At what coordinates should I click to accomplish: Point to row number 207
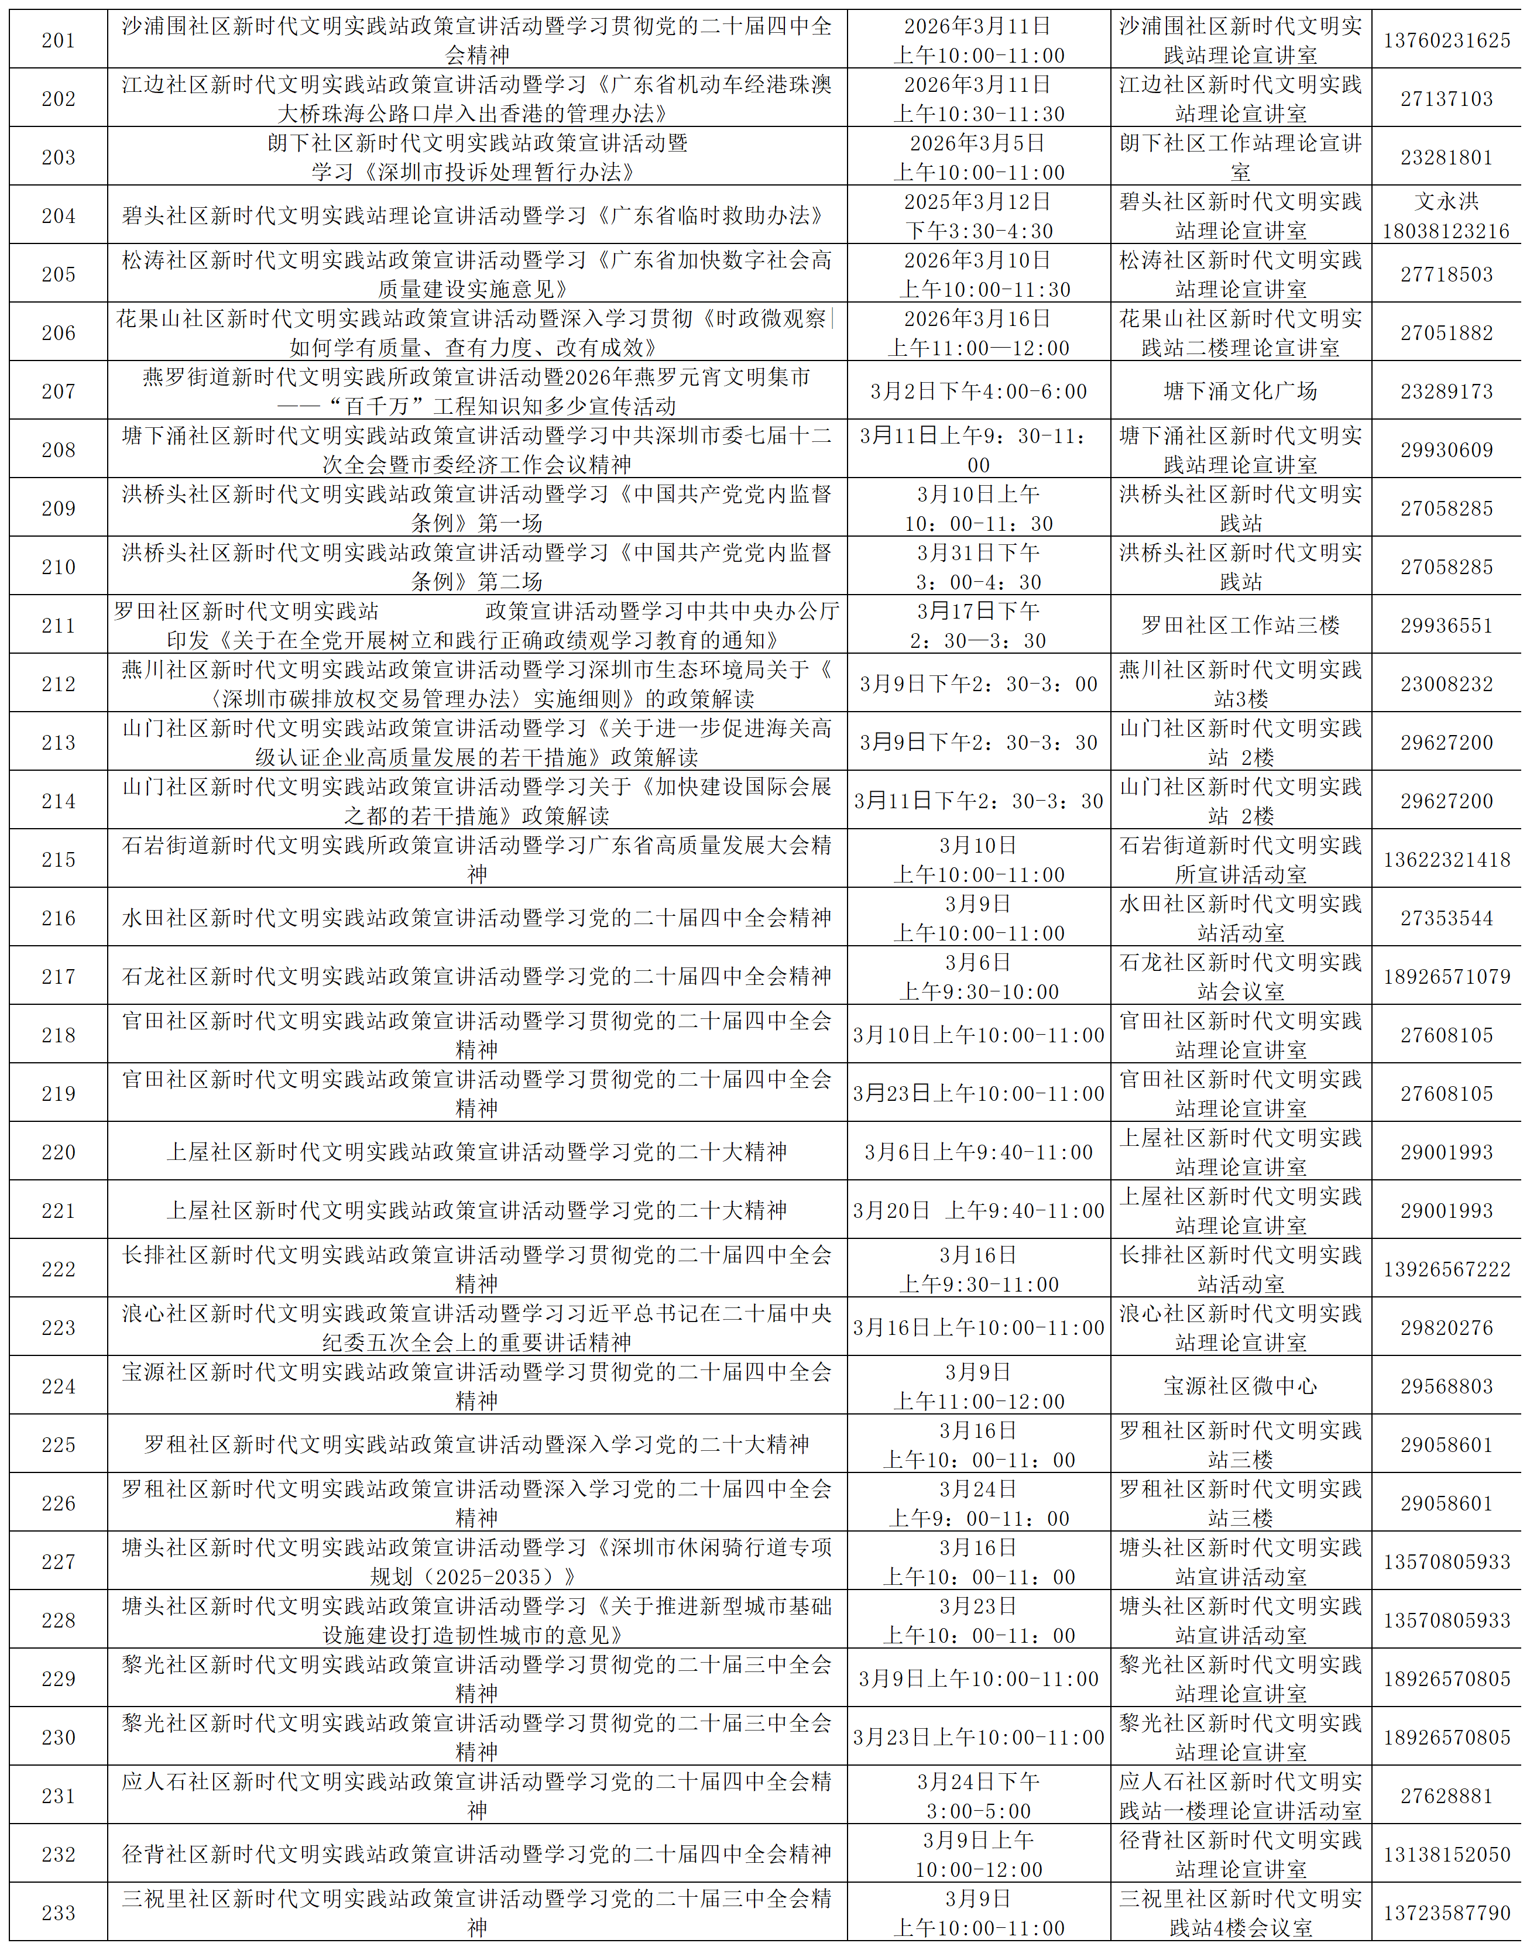click(58, 392)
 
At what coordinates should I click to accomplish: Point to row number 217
click(58, 976)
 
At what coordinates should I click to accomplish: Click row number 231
click(58, 1796)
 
